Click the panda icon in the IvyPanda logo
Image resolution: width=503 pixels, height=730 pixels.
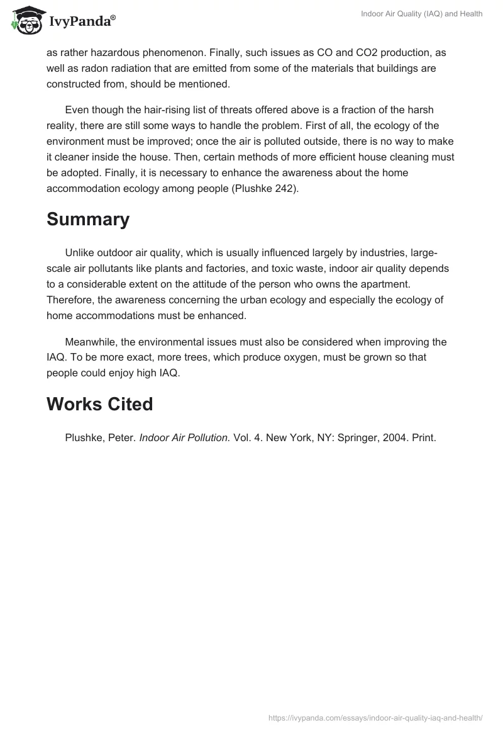(x=25, y=20)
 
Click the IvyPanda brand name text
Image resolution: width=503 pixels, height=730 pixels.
(x=80, y=22)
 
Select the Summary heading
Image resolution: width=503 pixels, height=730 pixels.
(x=88, y=220)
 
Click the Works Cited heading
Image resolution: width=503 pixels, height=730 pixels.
(x=99, y=404)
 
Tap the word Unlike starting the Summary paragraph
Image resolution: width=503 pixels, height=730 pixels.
(x=79, y=254)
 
